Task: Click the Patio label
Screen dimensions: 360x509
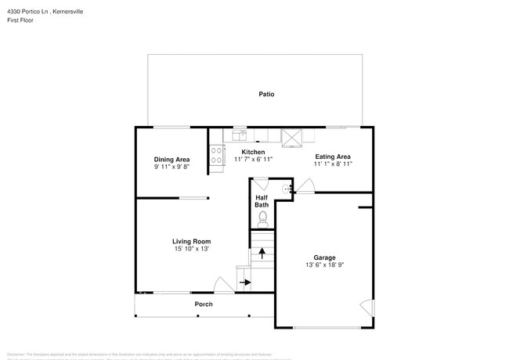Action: pyautogui.click(x=266, y=94)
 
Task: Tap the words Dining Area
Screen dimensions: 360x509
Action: pyautogui.click(x=171, y=159)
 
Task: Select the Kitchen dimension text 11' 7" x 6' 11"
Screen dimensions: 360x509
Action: pyautogui.click(x=252, y=159)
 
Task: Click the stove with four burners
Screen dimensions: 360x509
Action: pyautogui.click(x=217, y=157)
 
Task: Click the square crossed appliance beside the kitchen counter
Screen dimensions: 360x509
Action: pyautogui.click(x=293, y=137)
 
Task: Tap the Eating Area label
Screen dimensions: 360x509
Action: pyautogui.click(x=332, y=156)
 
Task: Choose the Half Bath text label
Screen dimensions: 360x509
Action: pyautogui.click(x=262, y=201)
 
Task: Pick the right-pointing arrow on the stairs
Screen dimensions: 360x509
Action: pyautogui.click(x=245, y=282)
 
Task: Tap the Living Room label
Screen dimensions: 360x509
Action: pyautogui.click(x=191, y=241)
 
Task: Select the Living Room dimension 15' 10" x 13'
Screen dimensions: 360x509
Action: pyautogui.click(x=191, y=249)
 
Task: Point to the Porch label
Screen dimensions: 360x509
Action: pyautogui.click(x=204, y=304)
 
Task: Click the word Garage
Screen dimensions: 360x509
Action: pyautogui.click(x=324, y=257)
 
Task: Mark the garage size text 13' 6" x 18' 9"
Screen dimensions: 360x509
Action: pyautogui.click(x=324, y=265)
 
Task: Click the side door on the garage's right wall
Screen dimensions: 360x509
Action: pyautogui.click(x=364, y=306)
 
